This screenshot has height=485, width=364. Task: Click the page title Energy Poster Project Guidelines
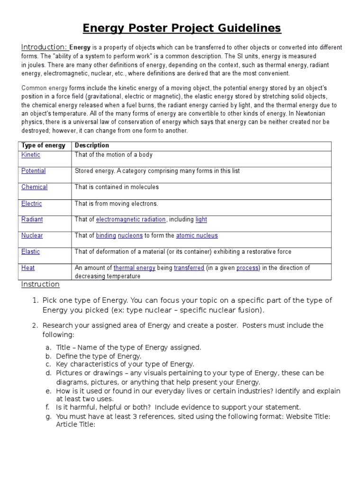pyautogui.click(x=182, y=28)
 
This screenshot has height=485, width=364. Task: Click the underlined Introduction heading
pyautogui.click(x=45, y=47)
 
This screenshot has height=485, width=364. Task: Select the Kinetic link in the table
pyautogui.click(x=31, y=155)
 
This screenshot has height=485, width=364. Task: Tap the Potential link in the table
pyautogui.click(x=34, y=171)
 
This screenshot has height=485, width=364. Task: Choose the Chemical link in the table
pyautogui.click(x=35, y=187)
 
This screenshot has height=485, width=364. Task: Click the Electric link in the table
pyautogui.click(x=32, y=204)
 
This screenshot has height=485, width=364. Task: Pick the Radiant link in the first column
pyautogui.click(x=32, y=219)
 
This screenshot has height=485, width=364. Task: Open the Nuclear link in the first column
pyautogui.click(x=32, y=235)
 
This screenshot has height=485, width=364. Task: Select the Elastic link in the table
pyautogui.click(x=31, y=251)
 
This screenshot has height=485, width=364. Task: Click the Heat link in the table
pyautogui.click(x=28, y=268)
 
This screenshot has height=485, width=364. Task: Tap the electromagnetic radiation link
pyautogui.click(x=131, y=219)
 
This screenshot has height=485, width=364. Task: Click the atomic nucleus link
pyautogui.click(x=197, y=235)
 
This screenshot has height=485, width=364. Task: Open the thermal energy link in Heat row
pyautogui.click(x=135, y=268)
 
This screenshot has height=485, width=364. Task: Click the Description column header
pyautogui.click(x=92, y=145)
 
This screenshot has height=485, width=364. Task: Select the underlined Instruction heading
pyautogui.click(x=40, y=284)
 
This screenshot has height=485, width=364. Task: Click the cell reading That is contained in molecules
pyautogui.click(x=117, y=187)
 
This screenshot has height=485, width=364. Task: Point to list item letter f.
pyautogui.click(x=48, y=407)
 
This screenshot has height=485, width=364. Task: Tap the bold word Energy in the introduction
pyautogui.click(x=80, y=48)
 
